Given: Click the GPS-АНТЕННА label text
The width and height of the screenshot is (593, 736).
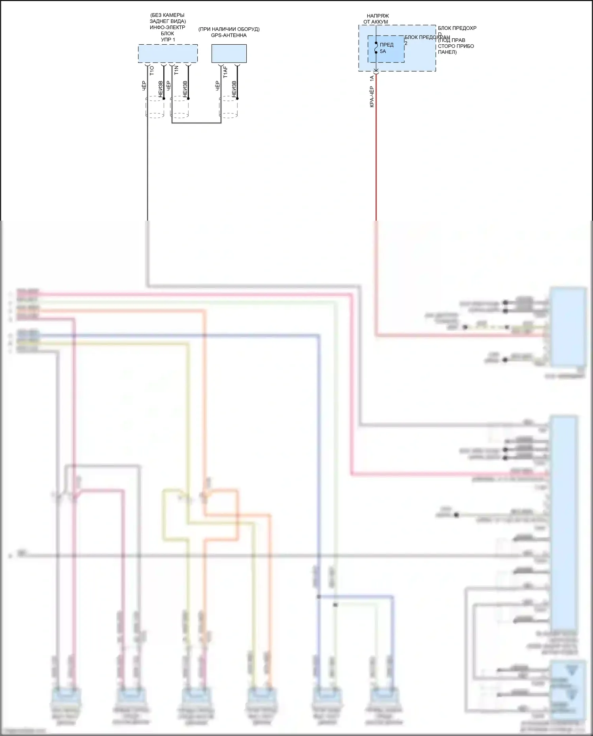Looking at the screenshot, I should pyautogui.click(x=229, y=36).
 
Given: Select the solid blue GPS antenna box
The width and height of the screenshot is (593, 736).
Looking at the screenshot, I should pyautogui.click(x=229, y=53).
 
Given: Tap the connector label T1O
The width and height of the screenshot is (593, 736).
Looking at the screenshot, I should pyautogui.click(x=152, y=71).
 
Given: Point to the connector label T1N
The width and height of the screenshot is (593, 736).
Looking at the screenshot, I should pyautogui.click(x=176, y=71).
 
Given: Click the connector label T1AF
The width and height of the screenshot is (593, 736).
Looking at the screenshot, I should pyautogui.click(x=225, y=72).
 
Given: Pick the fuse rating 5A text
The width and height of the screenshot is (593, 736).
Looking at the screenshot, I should pyautogui.click(x=383, y=51).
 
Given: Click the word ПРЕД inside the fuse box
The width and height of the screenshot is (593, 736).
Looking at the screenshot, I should pyautogui.click(x=387, y=45).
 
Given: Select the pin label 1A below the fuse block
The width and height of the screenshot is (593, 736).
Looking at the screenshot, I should pyautogui.click(x=372, y=79).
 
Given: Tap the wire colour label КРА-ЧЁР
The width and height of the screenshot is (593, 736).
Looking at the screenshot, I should pyautogui.click(x=372, y=97).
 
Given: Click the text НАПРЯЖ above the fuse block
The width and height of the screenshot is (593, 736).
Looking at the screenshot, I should pyautogui.click(x=378, y=16).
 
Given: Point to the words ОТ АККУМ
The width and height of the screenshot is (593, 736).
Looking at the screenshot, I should pyautogui.click(x=376, y=22).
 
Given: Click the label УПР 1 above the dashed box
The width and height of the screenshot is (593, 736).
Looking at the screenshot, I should pyautogui.click(x=168, y=40).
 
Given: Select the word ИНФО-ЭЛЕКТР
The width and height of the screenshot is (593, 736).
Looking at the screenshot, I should pyautogui.click(x=168, y=28).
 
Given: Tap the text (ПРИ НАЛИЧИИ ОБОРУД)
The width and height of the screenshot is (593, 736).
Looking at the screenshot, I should pyautogui.click(x=229, y=29).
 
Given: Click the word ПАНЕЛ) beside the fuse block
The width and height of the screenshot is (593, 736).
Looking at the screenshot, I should pyautogui.click(x=447, y=52).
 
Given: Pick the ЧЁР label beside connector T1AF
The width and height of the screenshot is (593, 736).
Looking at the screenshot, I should pyautogui.click(x=217, y=86).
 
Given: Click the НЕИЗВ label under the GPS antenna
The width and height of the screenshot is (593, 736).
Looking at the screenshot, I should pyautogui.click(x=234, y=89).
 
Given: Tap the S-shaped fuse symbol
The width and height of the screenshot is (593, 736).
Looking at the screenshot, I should pyautogui.click(x=376, y=47).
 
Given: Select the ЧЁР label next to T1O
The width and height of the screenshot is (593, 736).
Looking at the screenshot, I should pyautogui.click(x=144, y=86).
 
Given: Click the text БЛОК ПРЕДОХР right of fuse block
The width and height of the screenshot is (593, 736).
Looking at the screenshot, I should pyautogui.click(x=457, y=28).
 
